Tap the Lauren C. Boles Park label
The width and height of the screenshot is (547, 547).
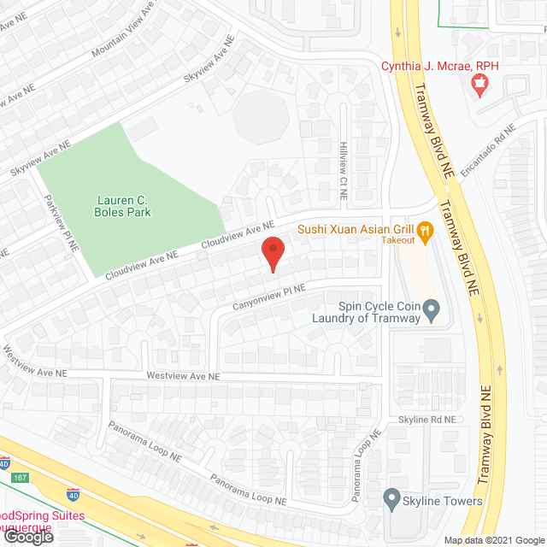pos(124,206)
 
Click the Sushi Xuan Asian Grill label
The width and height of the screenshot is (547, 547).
pos(355,229)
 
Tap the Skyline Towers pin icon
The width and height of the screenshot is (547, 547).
pos(392,496)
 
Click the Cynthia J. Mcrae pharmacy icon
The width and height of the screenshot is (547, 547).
pos(479,83)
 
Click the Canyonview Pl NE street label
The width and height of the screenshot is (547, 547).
pos(268,297)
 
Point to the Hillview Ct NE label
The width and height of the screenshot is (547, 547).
pos(343,171)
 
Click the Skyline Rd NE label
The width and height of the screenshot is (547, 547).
pos(427,420)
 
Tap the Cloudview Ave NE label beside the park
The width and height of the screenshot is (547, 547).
pos(141,266)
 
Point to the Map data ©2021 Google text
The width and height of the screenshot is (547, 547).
pos(493,539)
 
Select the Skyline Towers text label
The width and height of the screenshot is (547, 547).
pos(444,502)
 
